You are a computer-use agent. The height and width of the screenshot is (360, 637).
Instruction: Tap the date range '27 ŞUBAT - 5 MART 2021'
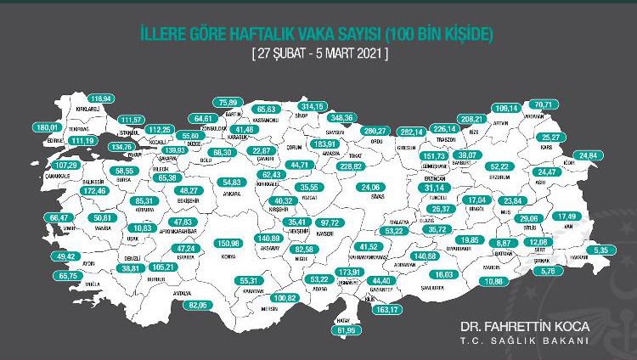(x=318, y=53)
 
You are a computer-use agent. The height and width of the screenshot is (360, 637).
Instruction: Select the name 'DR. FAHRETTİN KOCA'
(x=523, y=326)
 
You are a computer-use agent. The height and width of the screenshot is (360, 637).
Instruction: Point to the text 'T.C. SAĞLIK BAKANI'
(x=523, y=341)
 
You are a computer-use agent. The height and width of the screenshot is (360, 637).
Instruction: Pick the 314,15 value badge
(x=312, y=106)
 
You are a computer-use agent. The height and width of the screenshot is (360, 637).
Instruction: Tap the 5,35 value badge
(x=601, y=250)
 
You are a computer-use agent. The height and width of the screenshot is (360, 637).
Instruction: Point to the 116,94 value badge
(x=102, y=98)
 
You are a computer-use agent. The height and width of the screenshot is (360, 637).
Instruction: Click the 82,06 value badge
(x=198, y=304)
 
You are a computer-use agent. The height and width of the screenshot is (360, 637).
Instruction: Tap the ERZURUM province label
(x=502, y=177)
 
